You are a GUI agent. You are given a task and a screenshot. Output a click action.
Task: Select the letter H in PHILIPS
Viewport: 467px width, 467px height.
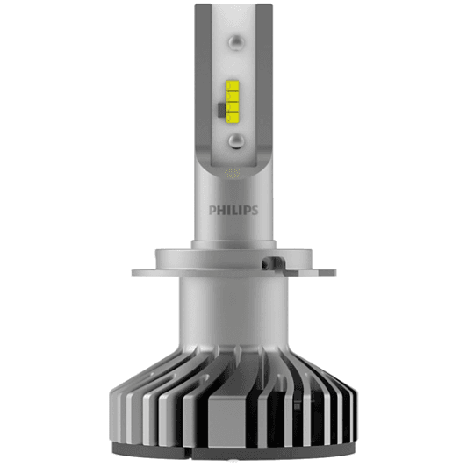(x=221, y=210)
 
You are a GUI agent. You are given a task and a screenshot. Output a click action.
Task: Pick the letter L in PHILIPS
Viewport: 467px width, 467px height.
(x=235, y=210)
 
